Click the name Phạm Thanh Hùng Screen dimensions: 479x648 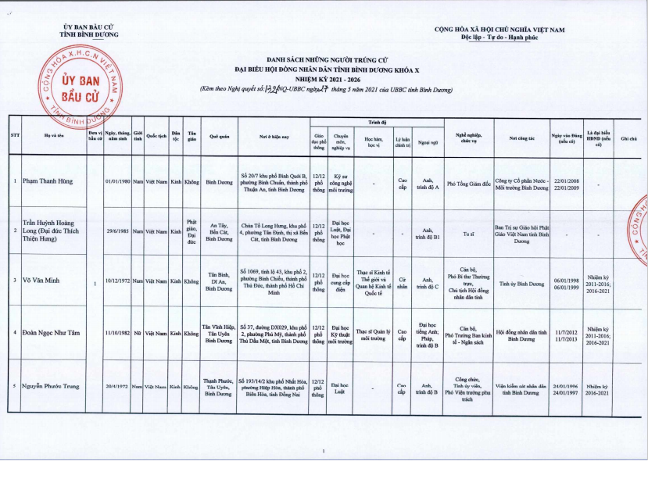(x=48, y=181)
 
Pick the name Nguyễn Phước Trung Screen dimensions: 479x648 (x=52, y=386)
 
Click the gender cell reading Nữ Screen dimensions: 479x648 (x=138, y=334)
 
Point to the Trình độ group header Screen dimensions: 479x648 (x=377, y=122)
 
